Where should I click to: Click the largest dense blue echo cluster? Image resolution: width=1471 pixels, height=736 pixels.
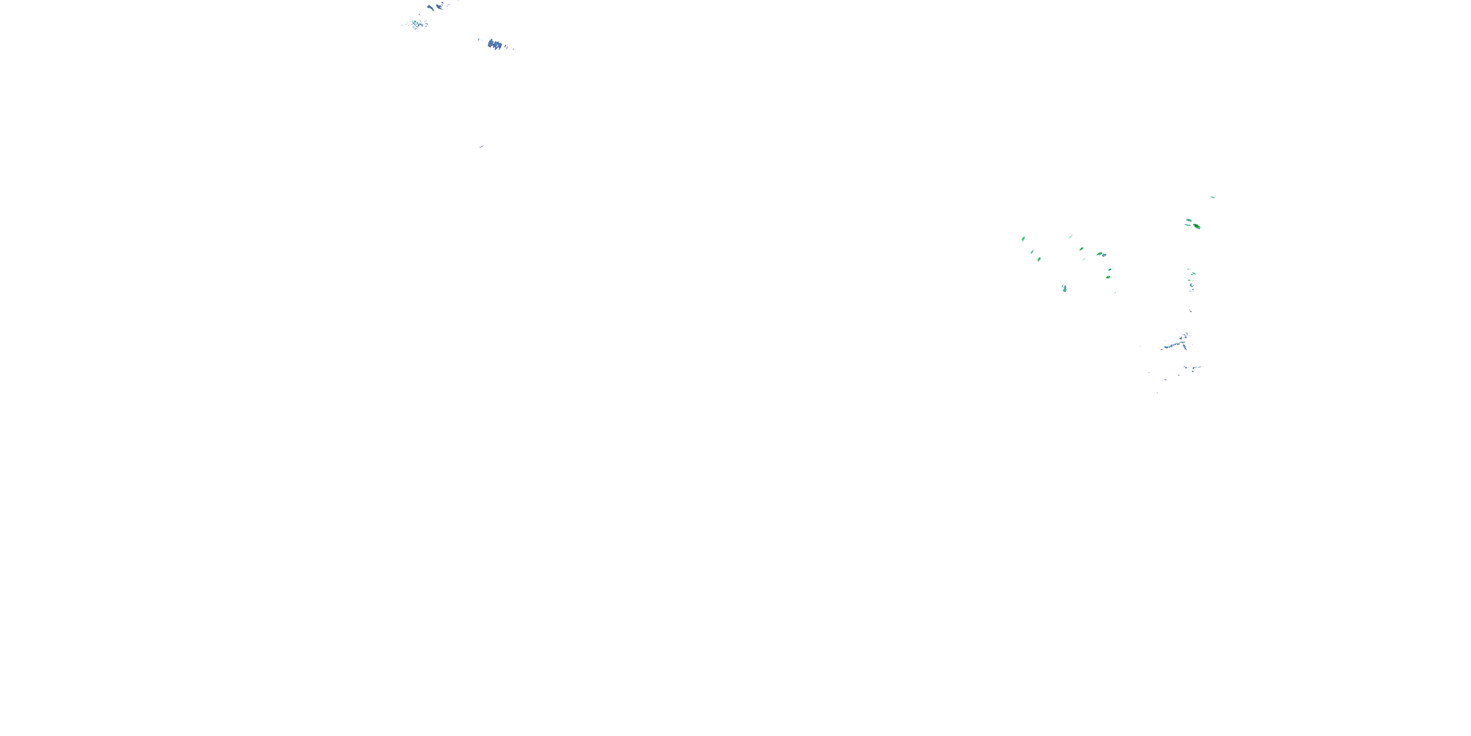click(495, 44)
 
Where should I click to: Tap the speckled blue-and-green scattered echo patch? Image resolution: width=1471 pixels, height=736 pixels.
click(416, 24)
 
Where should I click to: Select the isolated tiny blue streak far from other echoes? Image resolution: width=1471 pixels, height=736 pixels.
click(482, 147)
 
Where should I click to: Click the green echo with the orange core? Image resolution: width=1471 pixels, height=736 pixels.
click(1196, 226)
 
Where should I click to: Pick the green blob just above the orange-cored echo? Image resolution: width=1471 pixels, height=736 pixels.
click(1189, 220)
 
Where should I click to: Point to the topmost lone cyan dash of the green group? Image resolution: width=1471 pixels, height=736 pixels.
click(1212, 197)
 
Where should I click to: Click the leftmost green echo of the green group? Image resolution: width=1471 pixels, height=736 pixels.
click(1023, 238)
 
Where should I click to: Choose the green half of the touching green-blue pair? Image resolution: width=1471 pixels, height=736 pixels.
click(1099, 254)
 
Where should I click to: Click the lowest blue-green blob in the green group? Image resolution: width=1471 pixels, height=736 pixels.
click(1065, 288)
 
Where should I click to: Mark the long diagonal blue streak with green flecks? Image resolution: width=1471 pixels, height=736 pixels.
click(1173, 345)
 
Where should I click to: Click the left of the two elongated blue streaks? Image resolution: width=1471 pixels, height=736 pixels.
click(431, 7)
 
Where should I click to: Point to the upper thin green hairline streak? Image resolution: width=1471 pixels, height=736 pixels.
click(1070, 237)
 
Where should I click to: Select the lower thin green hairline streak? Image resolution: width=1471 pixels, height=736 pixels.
click(1084, 259)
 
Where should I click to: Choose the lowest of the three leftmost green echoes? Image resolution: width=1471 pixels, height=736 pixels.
click(1039, 260)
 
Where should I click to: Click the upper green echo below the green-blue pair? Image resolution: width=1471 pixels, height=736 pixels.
click(1110, 269)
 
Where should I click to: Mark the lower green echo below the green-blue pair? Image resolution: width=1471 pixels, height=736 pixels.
click(1108, 277)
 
